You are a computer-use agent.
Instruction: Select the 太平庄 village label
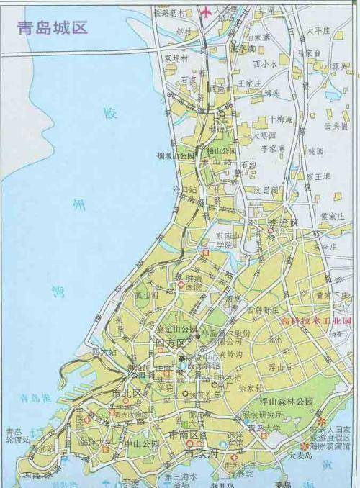click(x=317, y=30)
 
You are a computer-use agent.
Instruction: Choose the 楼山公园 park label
click(x=221, y=151)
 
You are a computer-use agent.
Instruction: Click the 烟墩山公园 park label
click(x=177, y=155)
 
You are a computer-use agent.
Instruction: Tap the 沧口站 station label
click(x=184, y=189)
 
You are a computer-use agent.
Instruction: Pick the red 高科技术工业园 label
click(x=316, y=320)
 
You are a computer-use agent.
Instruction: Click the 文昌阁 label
click(x=267, y=190)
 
